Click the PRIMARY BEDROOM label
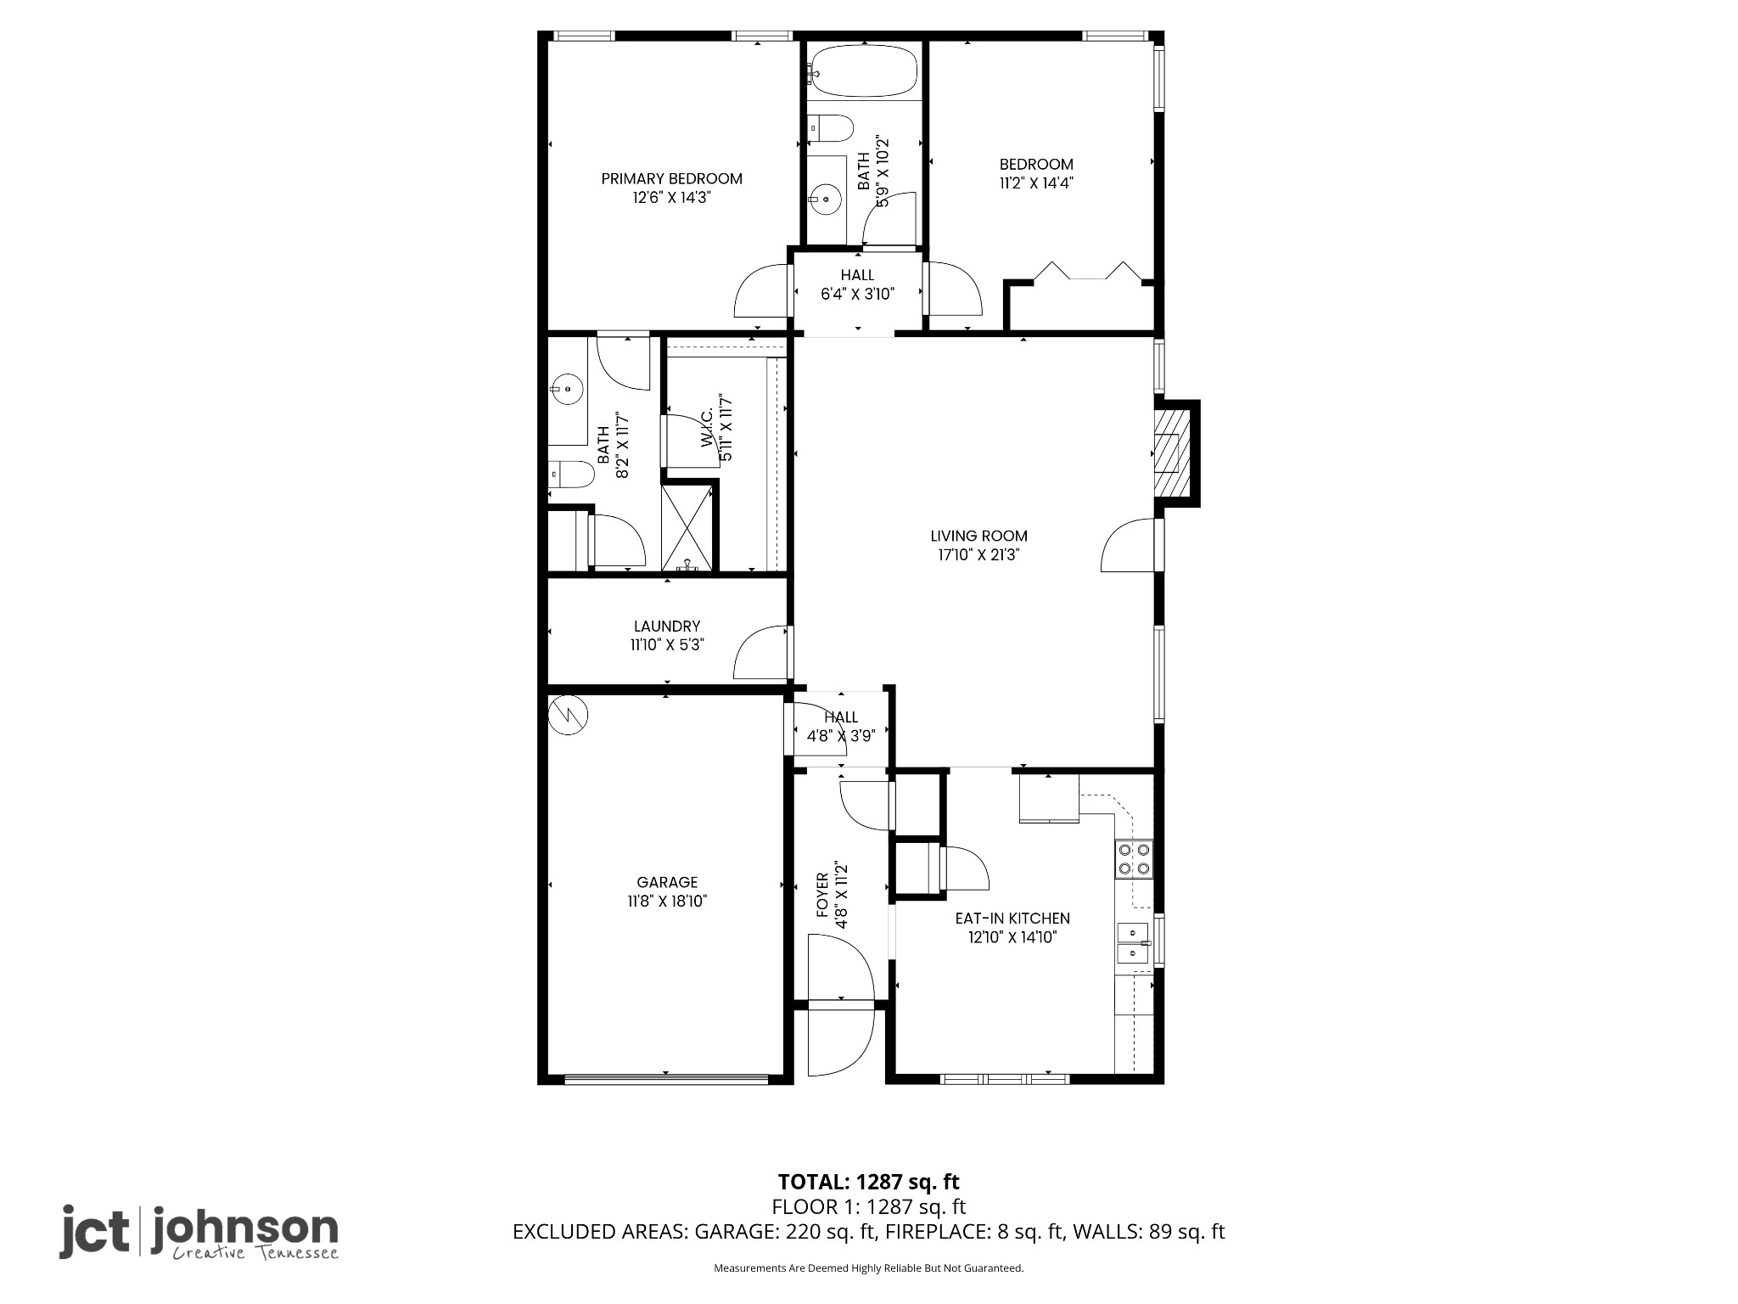click(671, 179)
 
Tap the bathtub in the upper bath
click(863, 71)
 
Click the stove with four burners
click(1134, 858)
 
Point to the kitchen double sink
click(1132, 943)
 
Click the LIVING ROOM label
click(978, 536)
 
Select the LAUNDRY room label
click(667, 627)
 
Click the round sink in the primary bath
click(566, 390)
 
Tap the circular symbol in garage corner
click(568, 715)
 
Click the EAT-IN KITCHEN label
click(1012, 919)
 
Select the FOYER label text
click(822, 896)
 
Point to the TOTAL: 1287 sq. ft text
click(868, 1182)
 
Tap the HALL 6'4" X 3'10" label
click(857, 284)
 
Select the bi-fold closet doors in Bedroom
click(1087, 272)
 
